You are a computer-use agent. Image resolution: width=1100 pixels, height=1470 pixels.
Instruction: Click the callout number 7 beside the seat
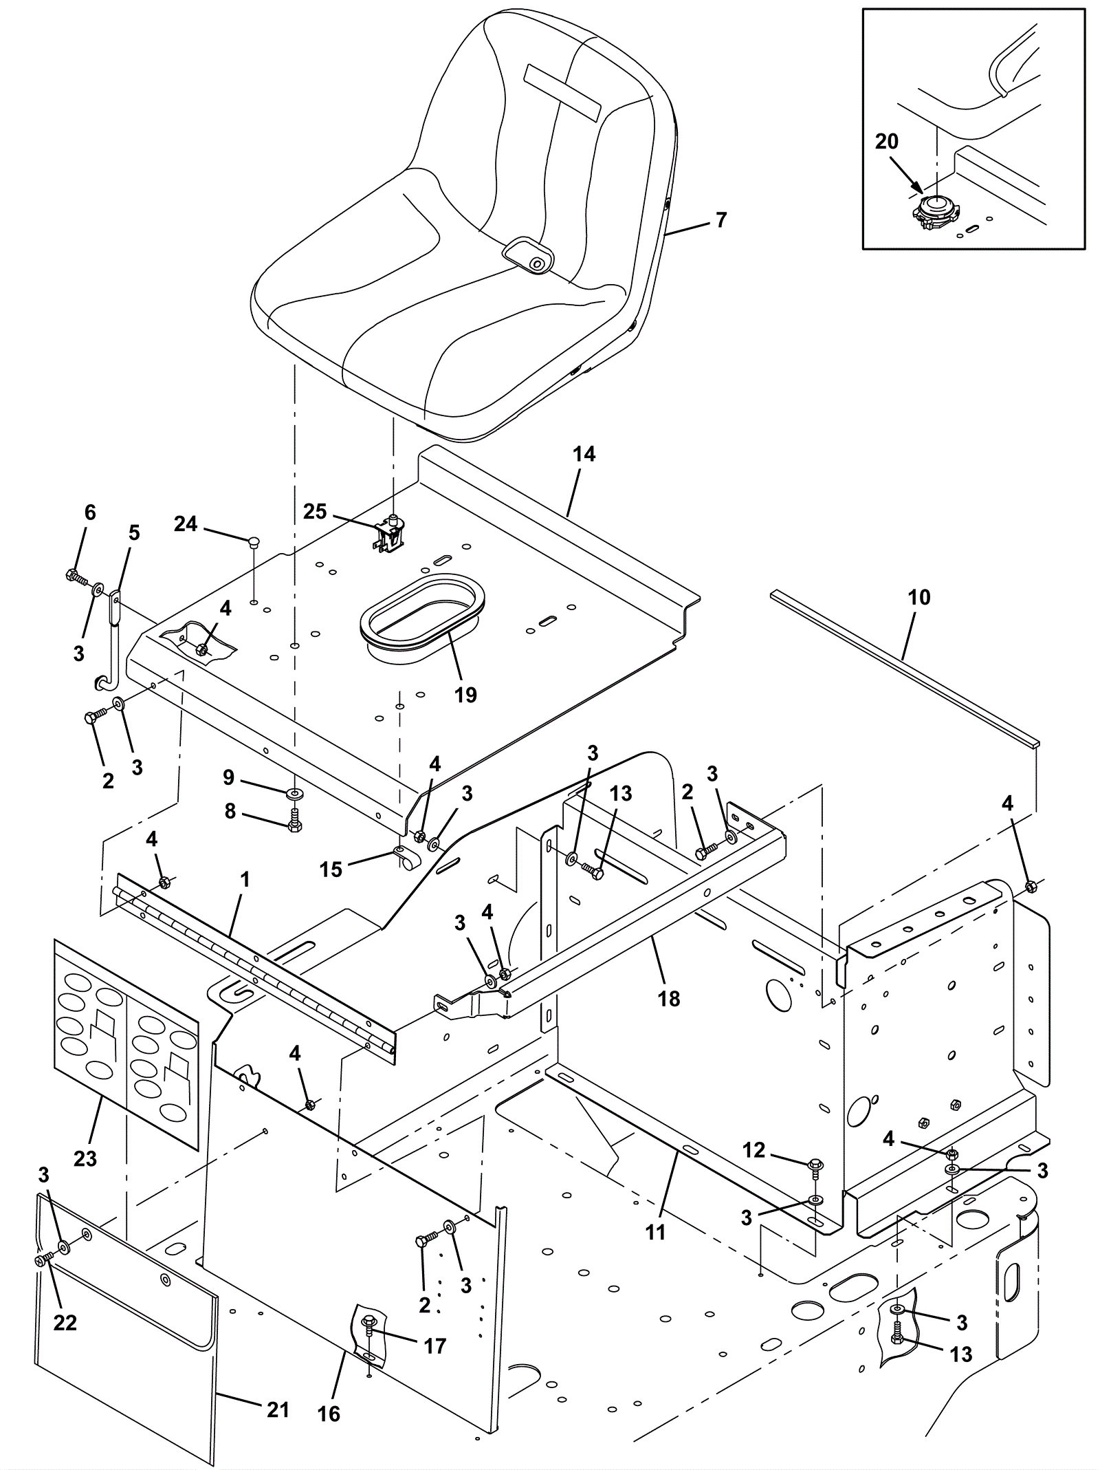[720, 220]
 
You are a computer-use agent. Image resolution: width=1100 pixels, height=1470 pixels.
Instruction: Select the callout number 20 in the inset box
[886, 142]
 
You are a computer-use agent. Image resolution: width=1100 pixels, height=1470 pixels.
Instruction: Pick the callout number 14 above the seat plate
[584, 455]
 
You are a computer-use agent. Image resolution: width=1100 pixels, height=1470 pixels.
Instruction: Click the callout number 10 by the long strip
[918, 597]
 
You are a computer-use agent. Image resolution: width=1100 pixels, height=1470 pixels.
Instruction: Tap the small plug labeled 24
[254, 541]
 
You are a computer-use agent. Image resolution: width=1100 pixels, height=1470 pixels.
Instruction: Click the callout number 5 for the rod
[134, 533]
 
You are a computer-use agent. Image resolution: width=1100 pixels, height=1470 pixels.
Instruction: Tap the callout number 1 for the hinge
[245, 880]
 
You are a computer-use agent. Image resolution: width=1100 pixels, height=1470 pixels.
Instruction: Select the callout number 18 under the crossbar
[669, 998]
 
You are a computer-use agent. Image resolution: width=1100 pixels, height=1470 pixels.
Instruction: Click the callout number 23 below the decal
[85, 1159]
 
